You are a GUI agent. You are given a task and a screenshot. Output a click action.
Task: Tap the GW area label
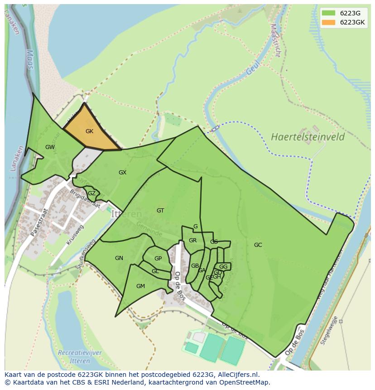pos(50,147)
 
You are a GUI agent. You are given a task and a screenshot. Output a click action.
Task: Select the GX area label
pos(122,173)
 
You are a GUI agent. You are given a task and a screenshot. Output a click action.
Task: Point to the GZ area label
pos(91,193)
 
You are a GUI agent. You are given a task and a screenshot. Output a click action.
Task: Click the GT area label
pos(160,211)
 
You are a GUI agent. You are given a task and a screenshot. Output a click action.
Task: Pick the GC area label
pos(258,245)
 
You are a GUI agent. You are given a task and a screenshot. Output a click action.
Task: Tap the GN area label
pos(119,258)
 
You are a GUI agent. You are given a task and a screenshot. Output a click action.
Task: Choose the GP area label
pos(158,259)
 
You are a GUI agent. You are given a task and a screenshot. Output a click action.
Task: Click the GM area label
pos(140,286)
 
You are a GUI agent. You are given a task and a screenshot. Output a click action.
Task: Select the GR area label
pos(192,241)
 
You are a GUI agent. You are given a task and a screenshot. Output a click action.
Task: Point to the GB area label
pos(195,266)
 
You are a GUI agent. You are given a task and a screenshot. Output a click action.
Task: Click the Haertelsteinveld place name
pos(308,137)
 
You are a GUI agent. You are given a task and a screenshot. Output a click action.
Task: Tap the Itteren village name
pos(126,214)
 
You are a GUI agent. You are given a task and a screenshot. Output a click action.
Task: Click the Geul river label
pos(252,68)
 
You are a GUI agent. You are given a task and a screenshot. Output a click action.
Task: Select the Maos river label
pos(29,59)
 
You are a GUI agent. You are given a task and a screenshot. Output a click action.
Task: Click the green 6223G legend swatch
pos(329,13)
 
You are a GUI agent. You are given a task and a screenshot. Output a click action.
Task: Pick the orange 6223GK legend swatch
pos(329,22)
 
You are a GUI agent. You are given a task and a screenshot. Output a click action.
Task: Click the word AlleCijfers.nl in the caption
pos(236,375)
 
